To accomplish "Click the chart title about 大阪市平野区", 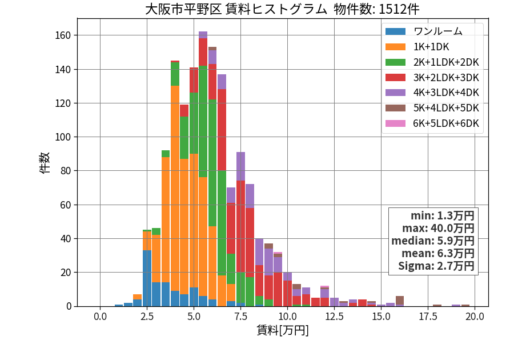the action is (x=282, y=9).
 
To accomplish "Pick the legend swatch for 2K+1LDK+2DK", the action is (x=395, y=62).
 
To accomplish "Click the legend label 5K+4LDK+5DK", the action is (x=446, y=108).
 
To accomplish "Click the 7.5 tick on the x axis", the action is (x=240, y=317).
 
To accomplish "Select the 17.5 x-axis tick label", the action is (x=428, y=317).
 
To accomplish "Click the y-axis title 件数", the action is (x=45, y=163).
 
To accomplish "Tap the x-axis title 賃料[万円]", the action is (x=283, y=330).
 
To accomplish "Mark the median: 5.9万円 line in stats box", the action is (x=433, y=241).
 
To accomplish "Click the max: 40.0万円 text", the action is (x=438, y=228).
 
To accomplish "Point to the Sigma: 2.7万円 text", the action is (x=436, y=266).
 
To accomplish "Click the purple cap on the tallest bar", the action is (x=203, y=35).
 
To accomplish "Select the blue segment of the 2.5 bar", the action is (x=147, y=278).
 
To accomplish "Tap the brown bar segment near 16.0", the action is (x=400, y=301).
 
